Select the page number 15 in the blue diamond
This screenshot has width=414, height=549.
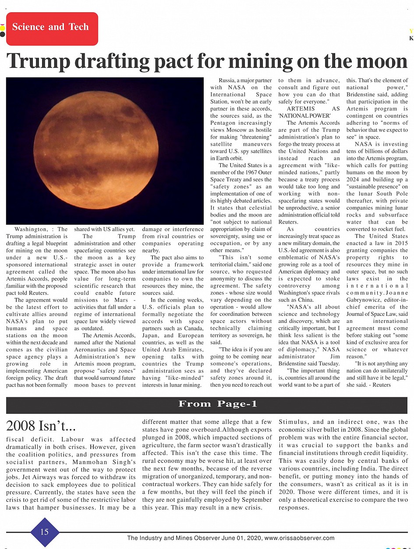click(44, 532)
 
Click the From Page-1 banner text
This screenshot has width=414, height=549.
click(218, 404)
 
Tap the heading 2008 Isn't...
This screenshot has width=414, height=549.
click(41, 426)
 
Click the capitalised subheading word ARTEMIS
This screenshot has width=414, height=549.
click(301, 108)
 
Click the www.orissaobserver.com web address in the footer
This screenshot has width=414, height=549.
click(299, 538)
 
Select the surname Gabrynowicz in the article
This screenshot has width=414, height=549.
click(366, 300)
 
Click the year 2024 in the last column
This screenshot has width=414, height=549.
click(353, 180)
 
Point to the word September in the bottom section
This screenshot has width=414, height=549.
click(251, 500)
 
